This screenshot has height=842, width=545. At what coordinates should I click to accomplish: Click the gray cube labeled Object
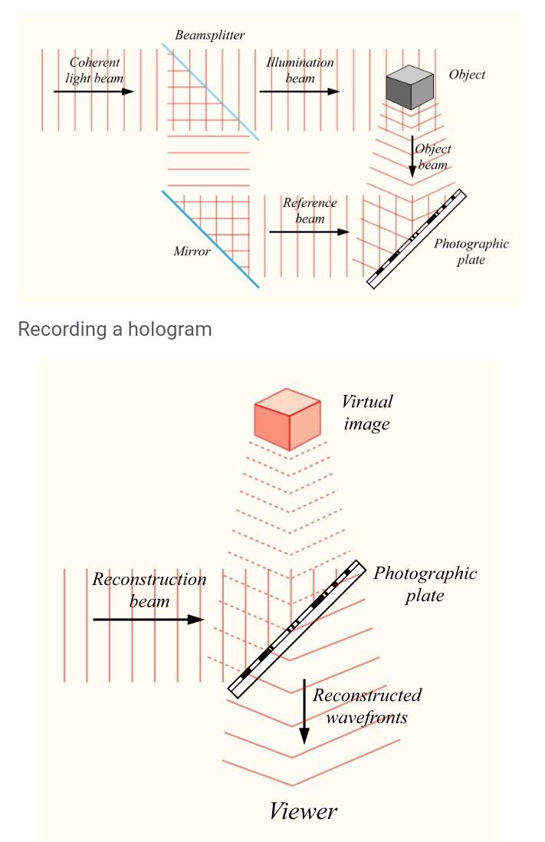point(409,87)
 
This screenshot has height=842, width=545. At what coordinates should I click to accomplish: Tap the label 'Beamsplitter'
point(209,35)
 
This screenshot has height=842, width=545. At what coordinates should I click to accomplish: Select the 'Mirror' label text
point(192,251)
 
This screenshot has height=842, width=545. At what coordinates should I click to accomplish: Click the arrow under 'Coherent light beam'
point(94,92)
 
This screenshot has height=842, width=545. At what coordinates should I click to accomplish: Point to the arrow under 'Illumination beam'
point(299,92)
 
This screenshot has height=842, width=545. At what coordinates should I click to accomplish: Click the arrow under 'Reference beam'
point(309,232)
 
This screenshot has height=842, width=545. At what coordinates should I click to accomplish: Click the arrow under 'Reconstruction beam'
point(148,620)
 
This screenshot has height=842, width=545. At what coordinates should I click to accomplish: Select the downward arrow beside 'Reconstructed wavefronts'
point(304,712)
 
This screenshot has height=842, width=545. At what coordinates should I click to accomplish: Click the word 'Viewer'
point(303,811)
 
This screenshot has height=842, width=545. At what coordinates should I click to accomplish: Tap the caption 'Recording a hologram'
point(114,329)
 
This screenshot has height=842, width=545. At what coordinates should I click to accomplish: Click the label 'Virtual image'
point(367,413)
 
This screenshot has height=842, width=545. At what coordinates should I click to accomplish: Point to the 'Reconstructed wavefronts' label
point(366,706)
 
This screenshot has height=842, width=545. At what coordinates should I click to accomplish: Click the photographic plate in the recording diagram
point(416,238)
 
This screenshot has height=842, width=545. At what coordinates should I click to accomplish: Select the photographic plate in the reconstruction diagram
point(296,629)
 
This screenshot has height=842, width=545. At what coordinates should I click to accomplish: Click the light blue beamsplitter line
point(210,91)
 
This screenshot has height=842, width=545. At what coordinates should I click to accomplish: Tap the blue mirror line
point(210,238)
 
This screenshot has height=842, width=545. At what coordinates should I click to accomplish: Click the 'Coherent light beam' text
point(94,70)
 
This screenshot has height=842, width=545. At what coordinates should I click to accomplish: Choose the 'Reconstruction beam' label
point(149,590)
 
